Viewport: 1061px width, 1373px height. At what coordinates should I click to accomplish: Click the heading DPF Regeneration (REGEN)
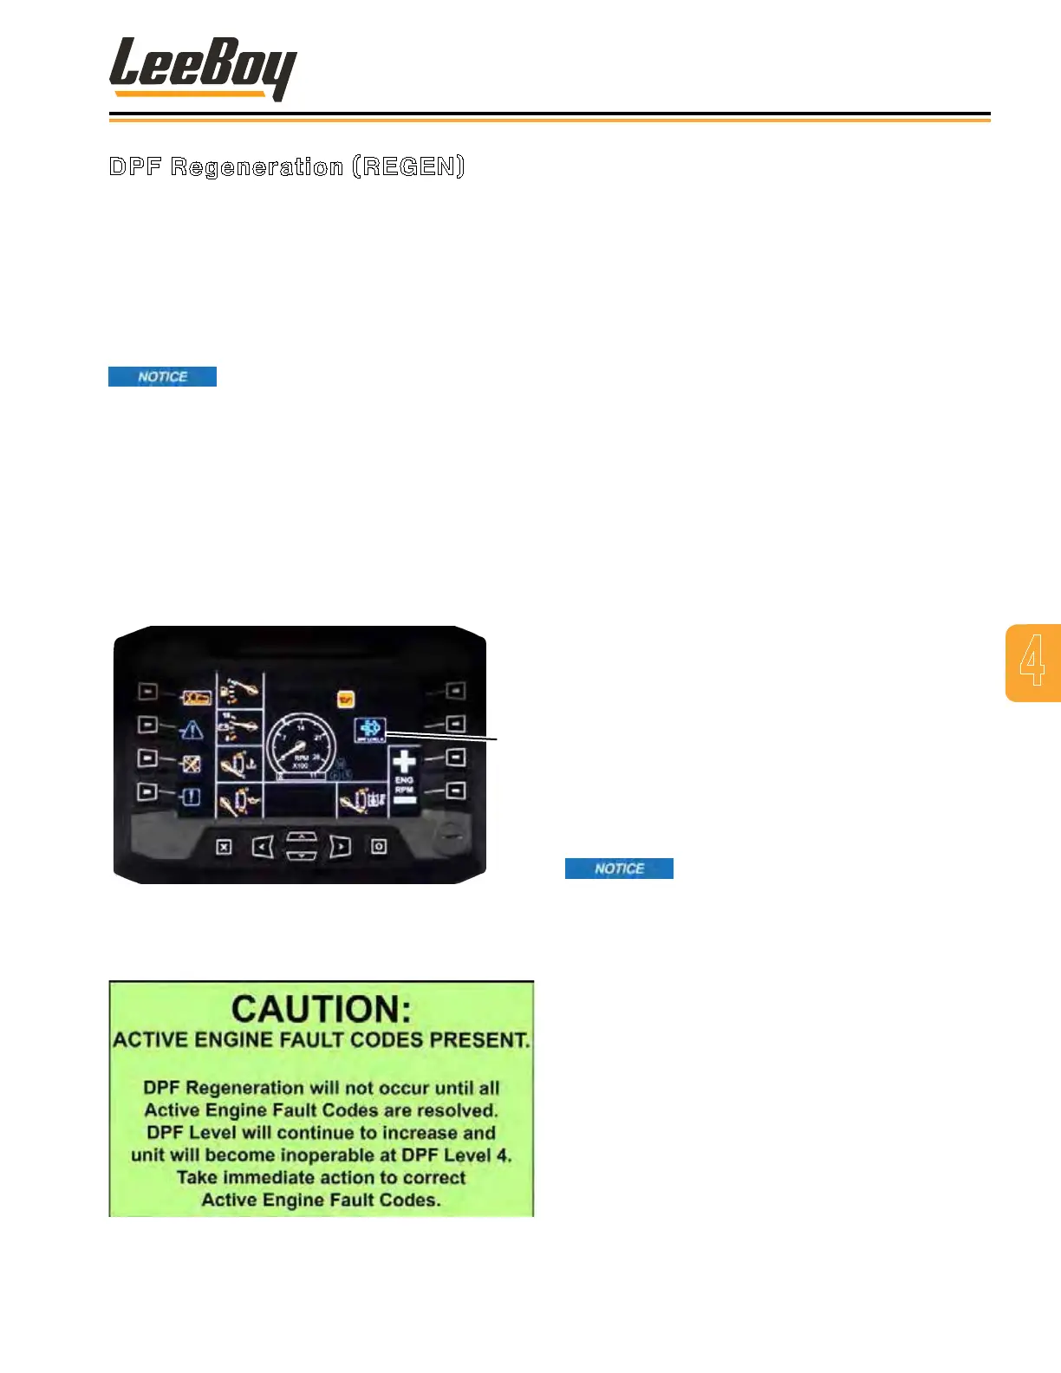(x=287, y=166)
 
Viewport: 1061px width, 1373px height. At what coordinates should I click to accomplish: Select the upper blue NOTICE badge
(x=162, y=376)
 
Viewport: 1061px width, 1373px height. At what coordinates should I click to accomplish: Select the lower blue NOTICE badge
(x=619, y=869)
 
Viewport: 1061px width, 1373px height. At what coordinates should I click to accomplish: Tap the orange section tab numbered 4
(x=1032, y=662)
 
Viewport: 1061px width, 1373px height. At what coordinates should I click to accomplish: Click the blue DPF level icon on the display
(x=370, y=730)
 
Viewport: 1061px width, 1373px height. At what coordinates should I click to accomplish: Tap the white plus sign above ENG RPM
(x=404, y=762)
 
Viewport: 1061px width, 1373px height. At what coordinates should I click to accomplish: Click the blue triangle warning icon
(x=192, y=731)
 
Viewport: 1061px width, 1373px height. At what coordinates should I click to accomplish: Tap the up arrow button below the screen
(x=301, y=836)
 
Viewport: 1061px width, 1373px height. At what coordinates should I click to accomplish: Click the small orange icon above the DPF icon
(x=346, y=699)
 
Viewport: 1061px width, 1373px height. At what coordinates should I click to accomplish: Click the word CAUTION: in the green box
(x=322, y=1009)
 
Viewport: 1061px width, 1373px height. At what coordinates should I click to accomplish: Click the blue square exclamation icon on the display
(x=192, y=797)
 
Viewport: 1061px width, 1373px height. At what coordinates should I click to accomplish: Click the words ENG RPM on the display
(x=404, y=785)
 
